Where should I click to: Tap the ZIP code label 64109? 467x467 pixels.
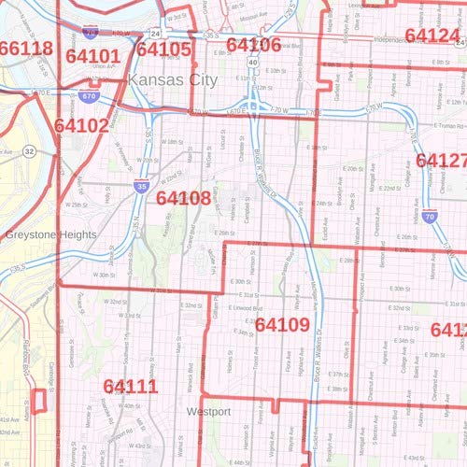(282, 325)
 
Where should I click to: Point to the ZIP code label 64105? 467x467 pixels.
(163, 49)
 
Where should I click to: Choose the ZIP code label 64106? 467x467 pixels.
(253, 45)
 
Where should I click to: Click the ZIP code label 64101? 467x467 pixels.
(92, 56)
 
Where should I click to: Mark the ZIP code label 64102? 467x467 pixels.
(80, 124)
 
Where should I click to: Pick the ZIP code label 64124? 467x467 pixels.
(432, 35)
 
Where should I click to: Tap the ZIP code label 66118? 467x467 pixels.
(26, 49)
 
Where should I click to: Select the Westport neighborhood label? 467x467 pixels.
(208, 411)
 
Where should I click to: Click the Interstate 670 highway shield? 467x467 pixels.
(89, 96)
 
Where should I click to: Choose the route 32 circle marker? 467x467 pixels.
(30, 150)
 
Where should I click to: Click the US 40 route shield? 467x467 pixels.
(253, 62)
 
